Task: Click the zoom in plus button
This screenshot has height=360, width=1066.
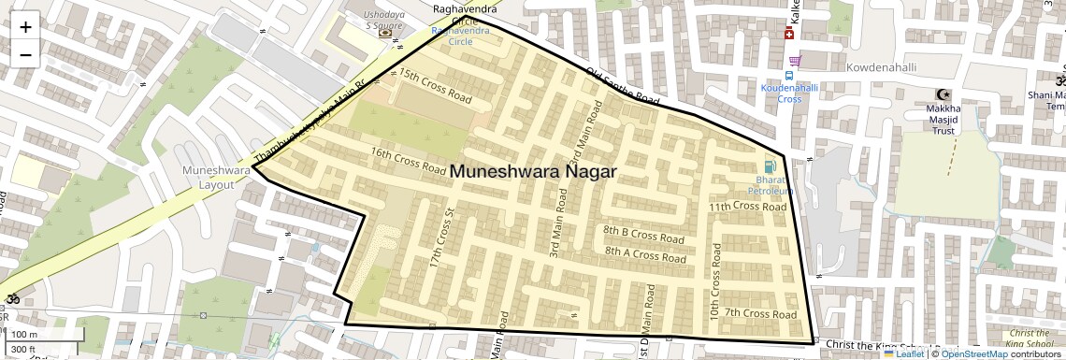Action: click(25, 26)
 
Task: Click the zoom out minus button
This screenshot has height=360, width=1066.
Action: click(25, 54)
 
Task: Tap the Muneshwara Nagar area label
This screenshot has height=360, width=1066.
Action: click(533, 172)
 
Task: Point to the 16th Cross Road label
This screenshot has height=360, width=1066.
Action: click(408, 161)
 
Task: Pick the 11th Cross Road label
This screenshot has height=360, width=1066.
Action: click(747, 206)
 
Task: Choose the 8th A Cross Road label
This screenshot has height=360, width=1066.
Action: click(646, 252)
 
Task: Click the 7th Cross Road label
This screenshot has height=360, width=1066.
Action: click(760, 313)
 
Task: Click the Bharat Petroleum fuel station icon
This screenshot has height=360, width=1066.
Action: click(770, 166)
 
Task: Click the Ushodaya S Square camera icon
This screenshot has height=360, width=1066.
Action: click(385, 33)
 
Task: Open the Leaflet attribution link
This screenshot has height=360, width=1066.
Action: click(903, 353)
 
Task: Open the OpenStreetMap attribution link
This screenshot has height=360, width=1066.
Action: click(973, 353)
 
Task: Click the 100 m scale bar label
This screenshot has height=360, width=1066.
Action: click(25, 334)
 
